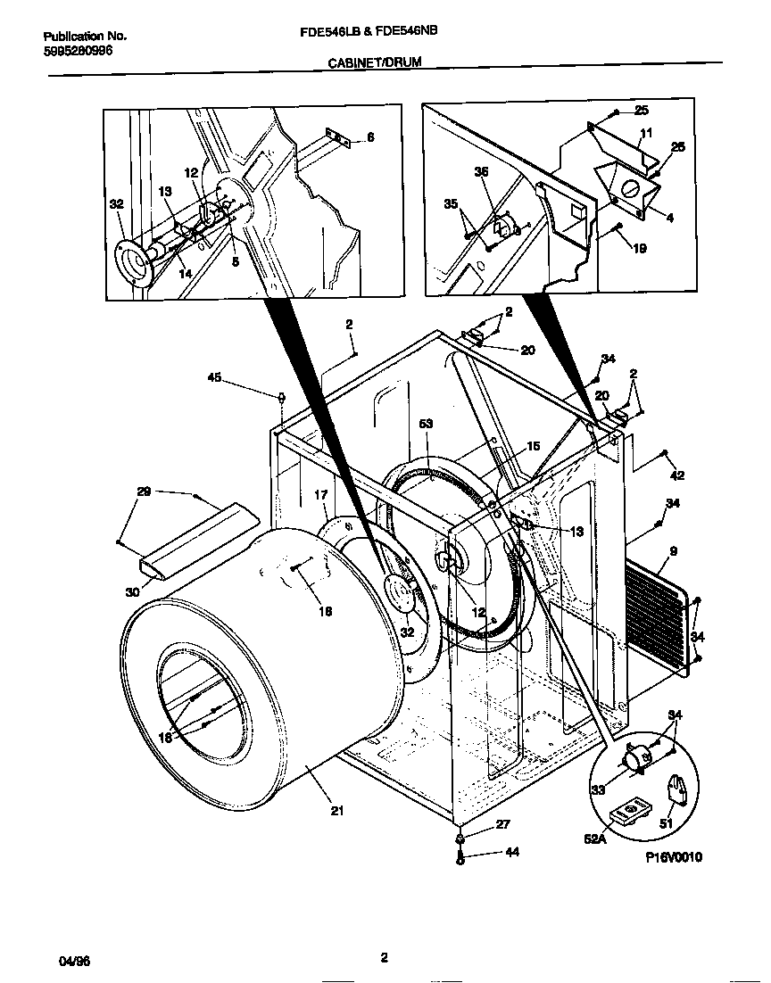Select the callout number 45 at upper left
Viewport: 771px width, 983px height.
pyautogui.click(x=214, y=377)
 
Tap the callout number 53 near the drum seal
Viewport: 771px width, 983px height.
pyautogui.click(x=427, y=424)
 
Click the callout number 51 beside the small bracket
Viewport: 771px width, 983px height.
pyautogui.click(x=666, y=824)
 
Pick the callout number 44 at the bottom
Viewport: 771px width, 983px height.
pyautogui.click(x=512, y=853)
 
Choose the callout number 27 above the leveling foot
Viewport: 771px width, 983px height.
pyautogui.click(x=502, y=825)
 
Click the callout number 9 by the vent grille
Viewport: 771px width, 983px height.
pyautogui.click(x=672, y=552)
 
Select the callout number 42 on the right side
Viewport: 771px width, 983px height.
pyautogui.click(x=679, y=476)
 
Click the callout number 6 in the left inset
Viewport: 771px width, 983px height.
pyautogui.click(x=371, y=137)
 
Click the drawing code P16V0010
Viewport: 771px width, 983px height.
pyautogui.click(x=675, y=857)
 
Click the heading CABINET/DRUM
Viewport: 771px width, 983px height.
pyautogui.click(x=374, y=63)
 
